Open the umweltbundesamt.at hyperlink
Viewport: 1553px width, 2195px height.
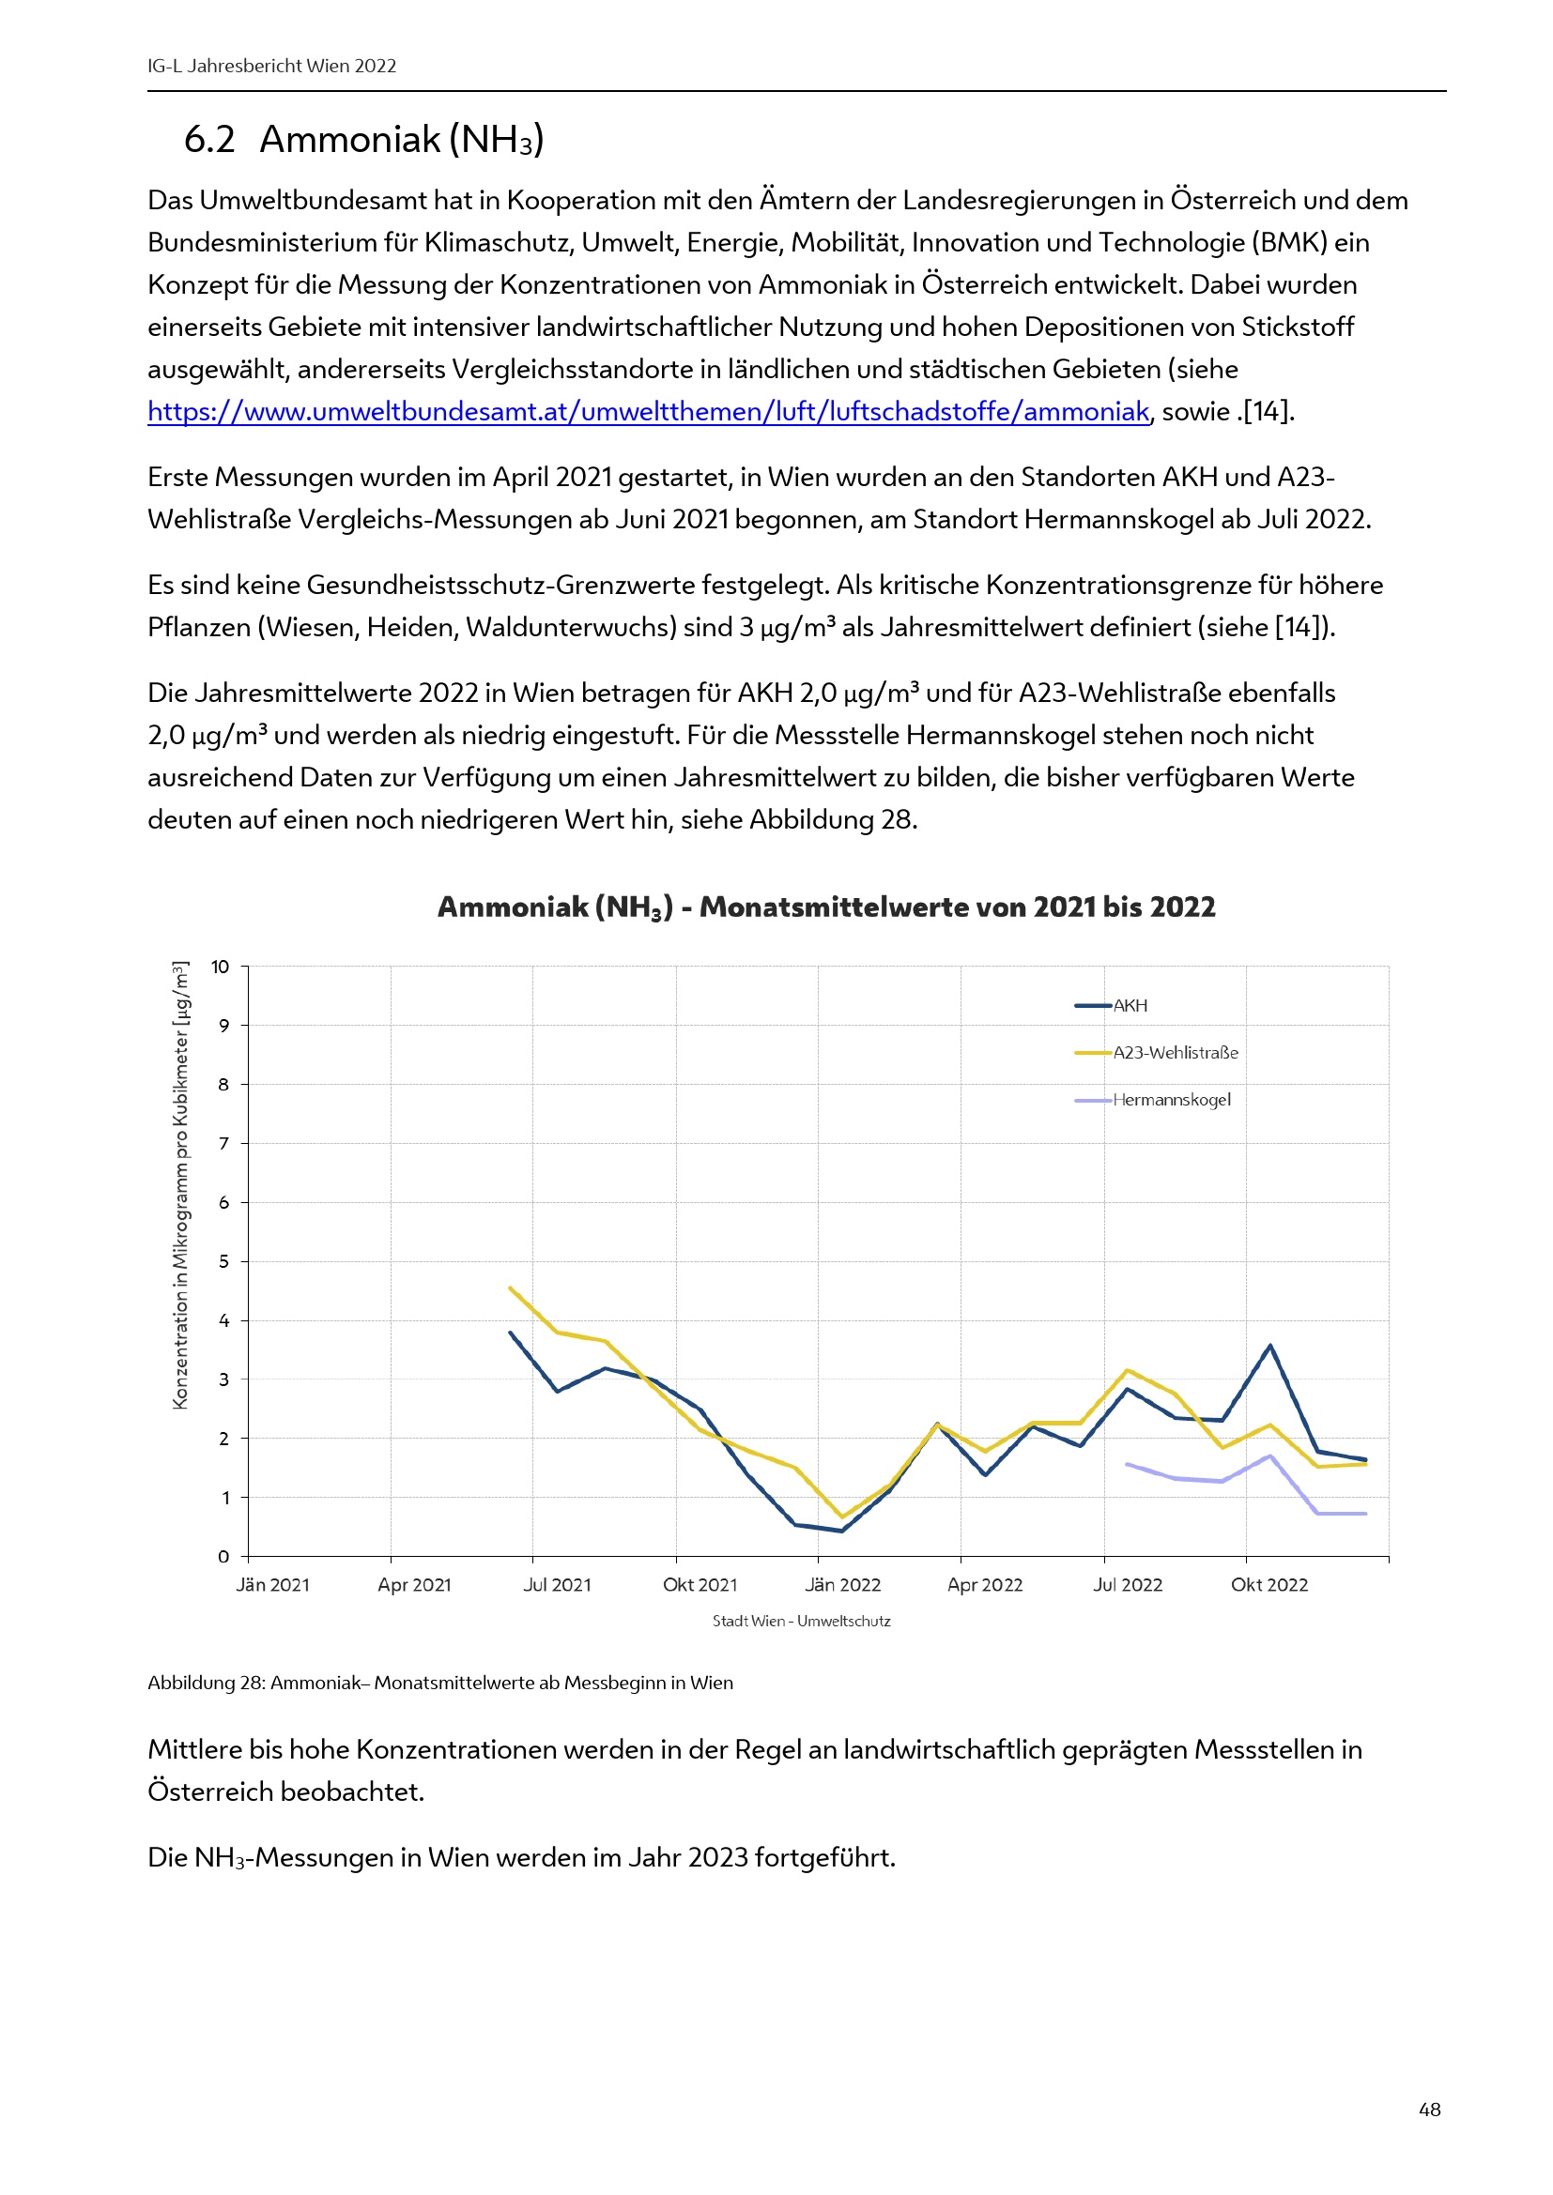coord(648,412)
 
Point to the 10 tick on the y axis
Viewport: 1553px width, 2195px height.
coord(220,967)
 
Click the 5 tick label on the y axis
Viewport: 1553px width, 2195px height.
coord(223,1261)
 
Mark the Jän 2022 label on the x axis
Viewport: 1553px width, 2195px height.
coord(842,1585)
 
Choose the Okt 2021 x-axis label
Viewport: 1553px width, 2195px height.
coord(700,1585)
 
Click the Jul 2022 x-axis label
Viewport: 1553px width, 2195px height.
coord(1128,1585)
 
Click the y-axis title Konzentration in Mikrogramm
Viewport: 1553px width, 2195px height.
coord(180,1185)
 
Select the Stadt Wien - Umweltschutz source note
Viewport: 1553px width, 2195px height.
coord(801,1622)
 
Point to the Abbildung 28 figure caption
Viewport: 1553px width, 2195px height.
coord(439,1683)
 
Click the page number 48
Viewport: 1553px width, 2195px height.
coord(1430,2110)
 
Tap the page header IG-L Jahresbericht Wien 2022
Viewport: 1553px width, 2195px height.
coord(271,66)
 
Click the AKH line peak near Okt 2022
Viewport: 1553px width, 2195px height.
coord(1270,1345)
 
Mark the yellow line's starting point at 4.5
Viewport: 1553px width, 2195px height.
coord(510,1288)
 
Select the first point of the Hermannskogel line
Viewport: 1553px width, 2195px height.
coord(1128,1464)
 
